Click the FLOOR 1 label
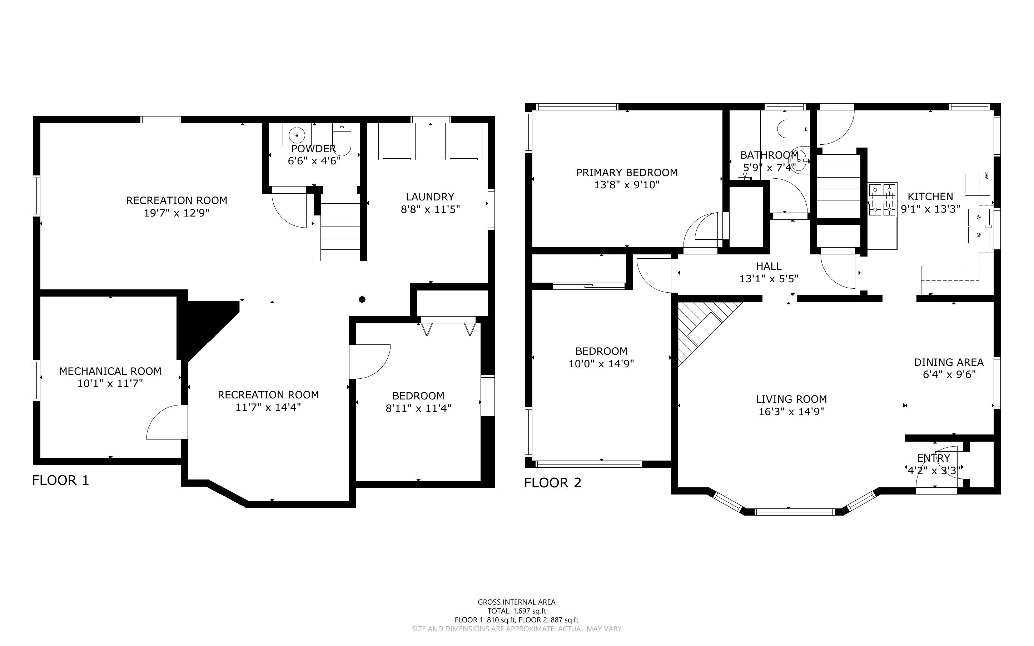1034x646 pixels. [61, 480]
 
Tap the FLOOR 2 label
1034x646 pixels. [553, 483]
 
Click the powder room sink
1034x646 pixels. [297, 135]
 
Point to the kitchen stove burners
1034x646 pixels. [883, 199]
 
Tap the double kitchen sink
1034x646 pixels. [979, 226]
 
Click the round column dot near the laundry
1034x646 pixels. [362, 299]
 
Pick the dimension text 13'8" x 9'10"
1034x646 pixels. [627, 185]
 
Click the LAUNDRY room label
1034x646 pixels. [430, 197]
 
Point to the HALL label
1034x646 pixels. [769, 266]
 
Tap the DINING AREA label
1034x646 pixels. [949, 362]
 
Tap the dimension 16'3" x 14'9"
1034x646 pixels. [791, 412]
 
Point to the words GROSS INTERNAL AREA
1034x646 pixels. [516, 602]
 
